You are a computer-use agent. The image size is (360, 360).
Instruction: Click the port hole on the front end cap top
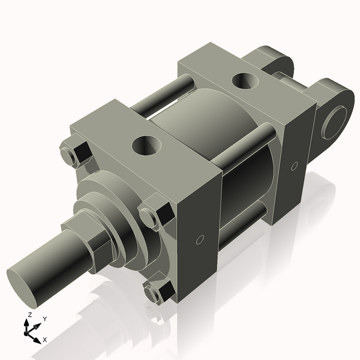(146, 144)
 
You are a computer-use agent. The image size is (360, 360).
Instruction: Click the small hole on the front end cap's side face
(200, 241)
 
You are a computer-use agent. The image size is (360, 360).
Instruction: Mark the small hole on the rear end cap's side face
(294, 165)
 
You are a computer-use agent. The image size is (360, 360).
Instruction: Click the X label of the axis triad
(45, 340)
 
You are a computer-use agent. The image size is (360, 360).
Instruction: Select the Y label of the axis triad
(45, 319)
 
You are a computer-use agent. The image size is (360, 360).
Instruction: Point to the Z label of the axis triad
(29, 314)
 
